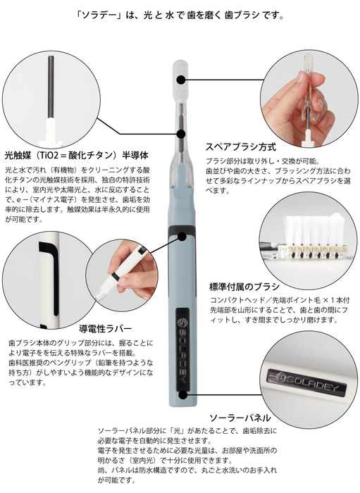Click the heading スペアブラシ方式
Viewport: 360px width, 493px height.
[240, 148]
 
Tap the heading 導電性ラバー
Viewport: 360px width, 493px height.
[105, 327]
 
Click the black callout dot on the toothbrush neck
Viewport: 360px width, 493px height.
[180, 132]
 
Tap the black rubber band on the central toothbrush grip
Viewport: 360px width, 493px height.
[182, 239]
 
